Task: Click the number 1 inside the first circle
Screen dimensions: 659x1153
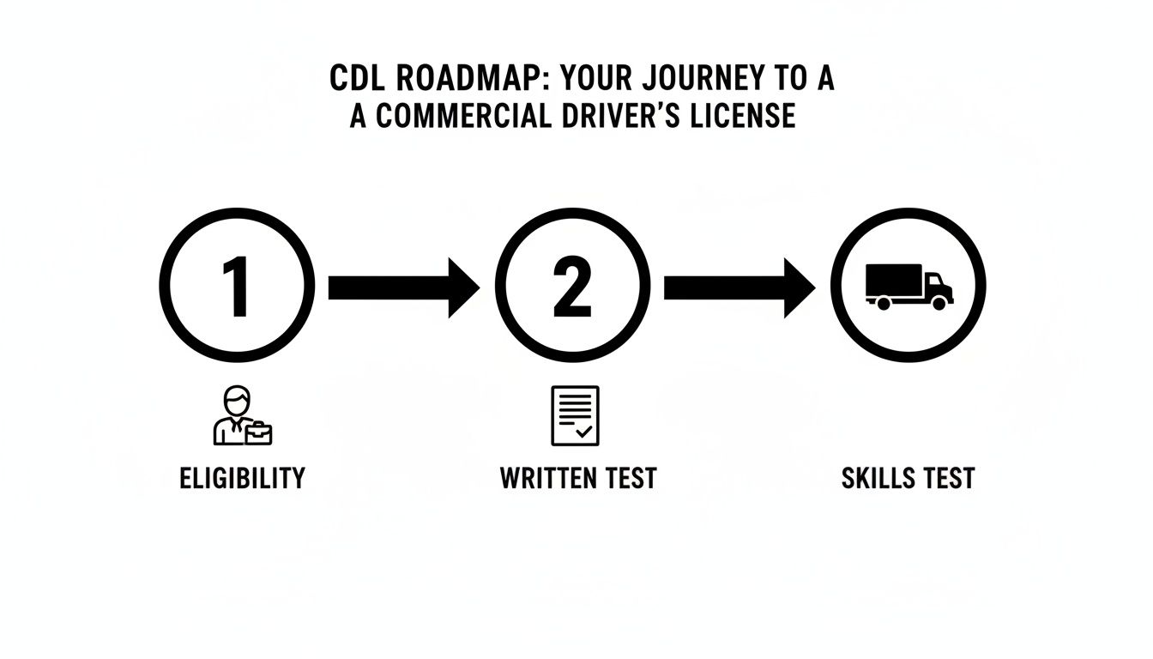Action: point(236,286)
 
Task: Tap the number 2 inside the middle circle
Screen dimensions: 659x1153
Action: point(571,286)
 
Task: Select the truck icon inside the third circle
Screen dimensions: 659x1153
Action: point(908,286)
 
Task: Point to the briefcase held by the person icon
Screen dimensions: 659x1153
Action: point(259,432)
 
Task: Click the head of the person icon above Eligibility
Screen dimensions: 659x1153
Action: point(236,401)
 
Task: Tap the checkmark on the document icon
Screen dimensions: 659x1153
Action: point(584,432)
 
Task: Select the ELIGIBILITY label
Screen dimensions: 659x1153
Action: point(242,478)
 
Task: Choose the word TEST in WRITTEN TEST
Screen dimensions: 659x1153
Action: point(631,478)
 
